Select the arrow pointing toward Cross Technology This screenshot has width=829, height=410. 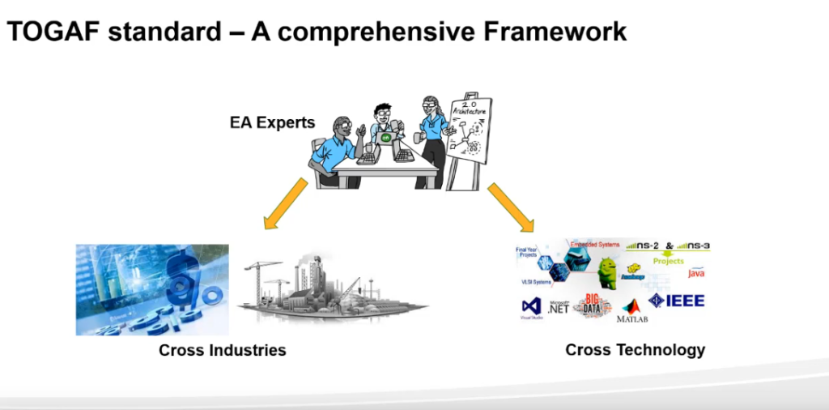tap(512, 207)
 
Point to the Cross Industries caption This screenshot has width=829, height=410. tap(223, 351)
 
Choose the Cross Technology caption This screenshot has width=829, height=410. tap(635, 350)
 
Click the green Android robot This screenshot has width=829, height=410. tap(607, 269)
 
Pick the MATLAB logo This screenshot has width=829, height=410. tap(631, 311)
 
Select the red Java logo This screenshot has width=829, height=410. tap(696, 272)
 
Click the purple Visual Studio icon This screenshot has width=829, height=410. tap(531, 307)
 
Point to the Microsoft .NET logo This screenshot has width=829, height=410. tap(558, 306)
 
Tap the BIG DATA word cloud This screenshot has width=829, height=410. tap(593, 305)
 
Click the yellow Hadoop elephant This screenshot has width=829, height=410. tap(634, 272)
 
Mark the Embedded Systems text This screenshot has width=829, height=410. tap(595, 244)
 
